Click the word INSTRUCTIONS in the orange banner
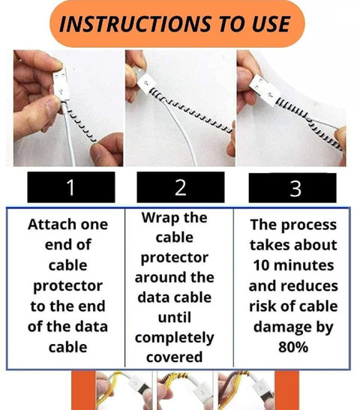tap(135, 24)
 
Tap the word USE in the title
tap(271, 24)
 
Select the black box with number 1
tap(71, 187)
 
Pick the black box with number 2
tap(181, 187)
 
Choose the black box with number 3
tap(292, 187)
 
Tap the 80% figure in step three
tap(293, 347)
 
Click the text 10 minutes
tap(293, 265)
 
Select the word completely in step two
tap(175, 337)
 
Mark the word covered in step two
tap(175, 358)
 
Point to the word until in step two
tap(175, 318)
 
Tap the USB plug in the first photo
tap(61, 86)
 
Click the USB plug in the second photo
tap(143, 80)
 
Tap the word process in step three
tap(309, 226)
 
